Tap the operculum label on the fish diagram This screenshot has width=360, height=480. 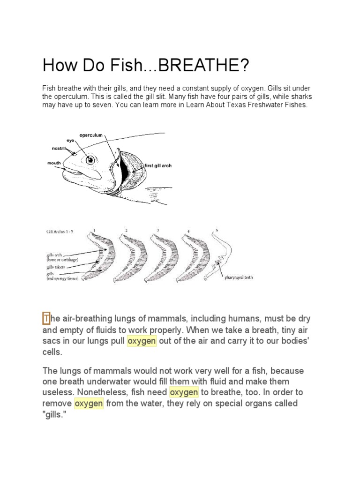(x=90, y=135)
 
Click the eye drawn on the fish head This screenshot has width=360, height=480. (x=90, y=159)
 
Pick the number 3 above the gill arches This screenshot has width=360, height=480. (x=158, y=230)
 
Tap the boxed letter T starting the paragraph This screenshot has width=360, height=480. (x=46, y=319)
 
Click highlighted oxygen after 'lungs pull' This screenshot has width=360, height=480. (x=142, y=341)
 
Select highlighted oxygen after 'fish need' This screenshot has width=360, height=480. (x=184, y=392)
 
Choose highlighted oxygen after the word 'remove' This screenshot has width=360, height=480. (x=89, y=403)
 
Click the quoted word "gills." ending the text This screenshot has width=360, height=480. (x=55, y=414)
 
